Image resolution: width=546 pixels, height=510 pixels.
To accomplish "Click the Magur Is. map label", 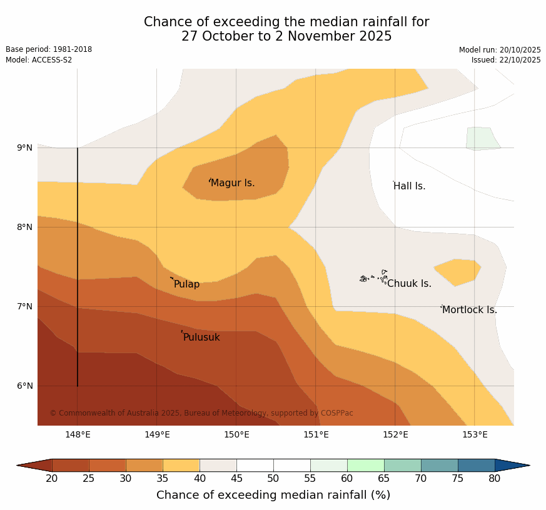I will pos(233,183).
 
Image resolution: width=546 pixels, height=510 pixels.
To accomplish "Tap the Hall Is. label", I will pos(410,186).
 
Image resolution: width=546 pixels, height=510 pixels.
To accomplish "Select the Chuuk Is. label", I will pos(409,284).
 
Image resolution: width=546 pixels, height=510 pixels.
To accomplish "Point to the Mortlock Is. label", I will pos(470,310).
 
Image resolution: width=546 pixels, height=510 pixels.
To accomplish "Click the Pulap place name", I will pos(186,284).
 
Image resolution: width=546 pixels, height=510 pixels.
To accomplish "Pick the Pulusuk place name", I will pos(201,337).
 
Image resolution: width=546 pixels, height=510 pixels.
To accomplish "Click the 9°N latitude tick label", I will pos(24,148).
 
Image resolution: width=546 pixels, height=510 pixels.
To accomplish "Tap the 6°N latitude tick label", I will pos(24,386).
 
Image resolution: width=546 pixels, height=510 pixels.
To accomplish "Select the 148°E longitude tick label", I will pos(78,435).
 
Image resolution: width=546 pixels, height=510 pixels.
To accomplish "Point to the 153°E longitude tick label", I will pos(475,435).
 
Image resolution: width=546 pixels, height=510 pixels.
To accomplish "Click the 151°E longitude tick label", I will pos(316,435).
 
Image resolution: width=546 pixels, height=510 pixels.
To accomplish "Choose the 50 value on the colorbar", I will pos(273,479).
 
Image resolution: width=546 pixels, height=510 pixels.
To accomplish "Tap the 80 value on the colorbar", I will pos(495,479).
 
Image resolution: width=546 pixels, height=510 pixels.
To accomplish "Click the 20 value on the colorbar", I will pos(52,479).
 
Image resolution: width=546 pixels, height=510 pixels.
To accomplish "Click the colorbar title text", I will pos(273,495).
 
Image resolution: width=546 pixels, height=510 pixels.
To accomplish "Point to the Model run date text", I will pos(500,50).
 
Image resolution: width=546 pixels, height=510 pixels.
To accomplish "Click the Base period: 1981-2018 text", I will pos(49,49).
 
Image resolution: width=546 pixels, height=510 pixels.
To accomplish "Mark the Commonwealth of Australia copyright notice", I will pos(201,413).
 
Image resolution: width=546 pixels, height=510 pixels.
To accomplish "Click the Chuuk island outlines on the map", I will pos(374,277).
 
